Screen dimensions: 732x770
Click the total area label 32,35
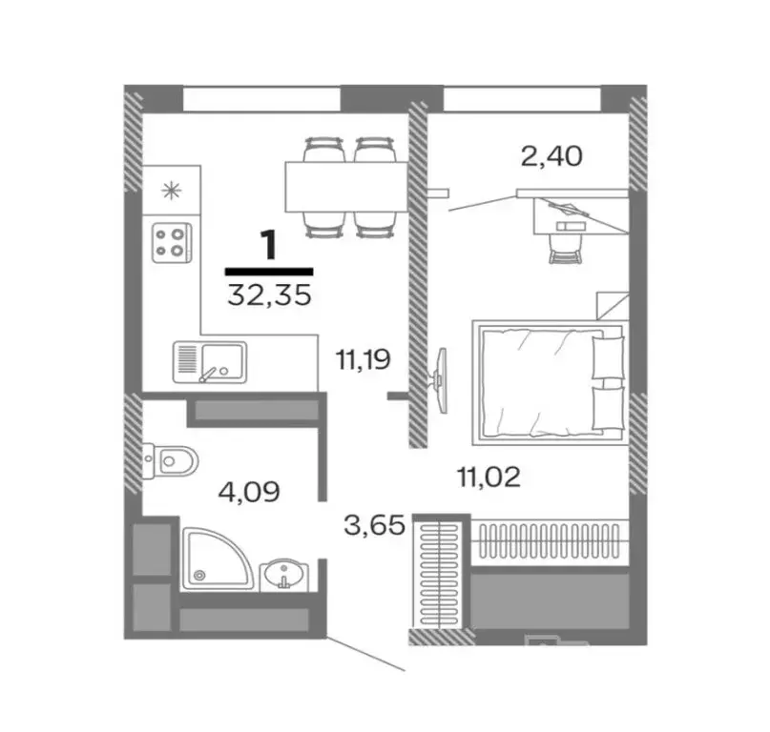[269, 294]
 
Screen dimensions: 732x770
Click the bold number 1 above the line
[269, 245]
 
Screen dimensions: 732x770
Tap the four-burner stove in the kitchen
[172, 240]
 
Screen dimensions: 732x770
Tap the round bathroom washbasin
[282, 576]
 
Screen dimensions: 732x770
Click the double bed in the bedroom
[549, 379]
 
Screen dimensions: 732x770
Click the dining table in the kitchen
[344, 186]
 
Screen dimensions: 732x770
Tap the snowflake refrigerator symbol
[172, 188]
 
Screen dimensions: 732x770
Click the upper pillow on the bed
[605, 356]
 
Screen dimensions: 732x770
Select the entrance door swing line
[366, 655]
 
